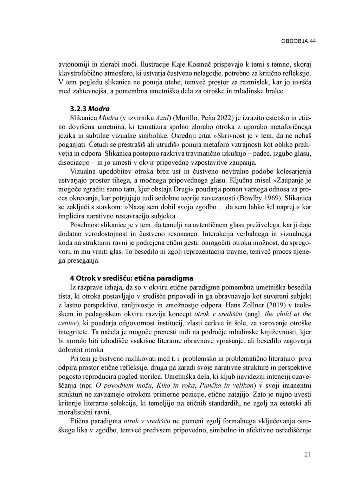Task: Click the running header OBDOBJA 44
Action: point(298,41)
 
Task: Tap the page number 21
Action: point(307,455)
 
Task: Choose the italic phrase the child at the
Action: point(288,314)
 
